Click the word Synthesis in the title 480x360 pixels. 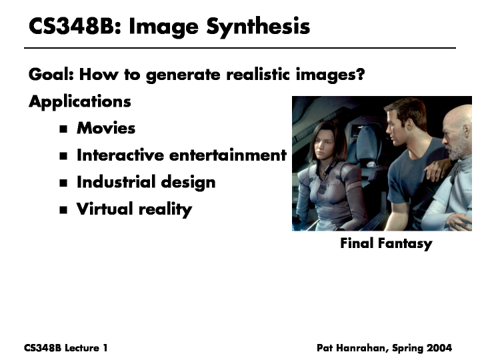(x=258, y=27)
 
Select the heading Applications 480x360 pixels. (x=79, y=101)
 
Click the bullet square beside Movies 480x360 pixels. (x=63, y=129)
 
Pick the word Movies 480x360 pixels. (x=106, y=128)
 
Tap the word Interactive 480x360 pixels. (x=120, y=155)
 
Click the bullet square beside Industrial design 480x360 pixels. (x=63, y=183)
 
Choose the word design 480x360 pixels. (x=188, y=183)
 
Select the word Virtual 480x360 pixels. (x=105, y=209)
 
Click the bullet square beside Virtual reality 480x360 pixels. (x=63, y=210)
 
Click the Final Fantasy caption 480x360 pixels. (x=386, y=244)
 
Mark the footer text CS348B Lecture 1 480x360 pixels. (x=66, y=348)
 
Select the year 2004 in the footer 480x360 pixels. (x=439, y=348)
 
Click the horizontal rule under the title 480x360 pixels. (x=240, y=48)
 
